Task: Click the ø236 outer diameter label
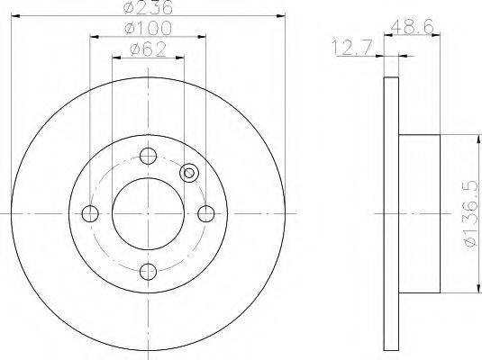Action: [148, 7]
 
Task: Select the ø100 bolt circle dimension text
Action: [148, 28]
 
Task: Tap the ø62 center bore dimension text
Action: [148, 49]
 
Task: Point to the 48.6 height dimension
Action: [413, 26]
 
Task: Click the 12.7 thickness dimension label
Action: [352, 48]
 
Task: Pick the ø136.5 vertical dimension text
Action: [472, 214]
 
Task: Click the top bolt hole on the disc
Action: [148, 156]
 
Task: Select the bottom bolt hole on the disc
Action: [148, 272]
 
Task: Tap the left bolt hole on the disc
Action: [90, 213]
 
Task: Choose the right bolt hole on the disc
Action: [206, 213]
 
